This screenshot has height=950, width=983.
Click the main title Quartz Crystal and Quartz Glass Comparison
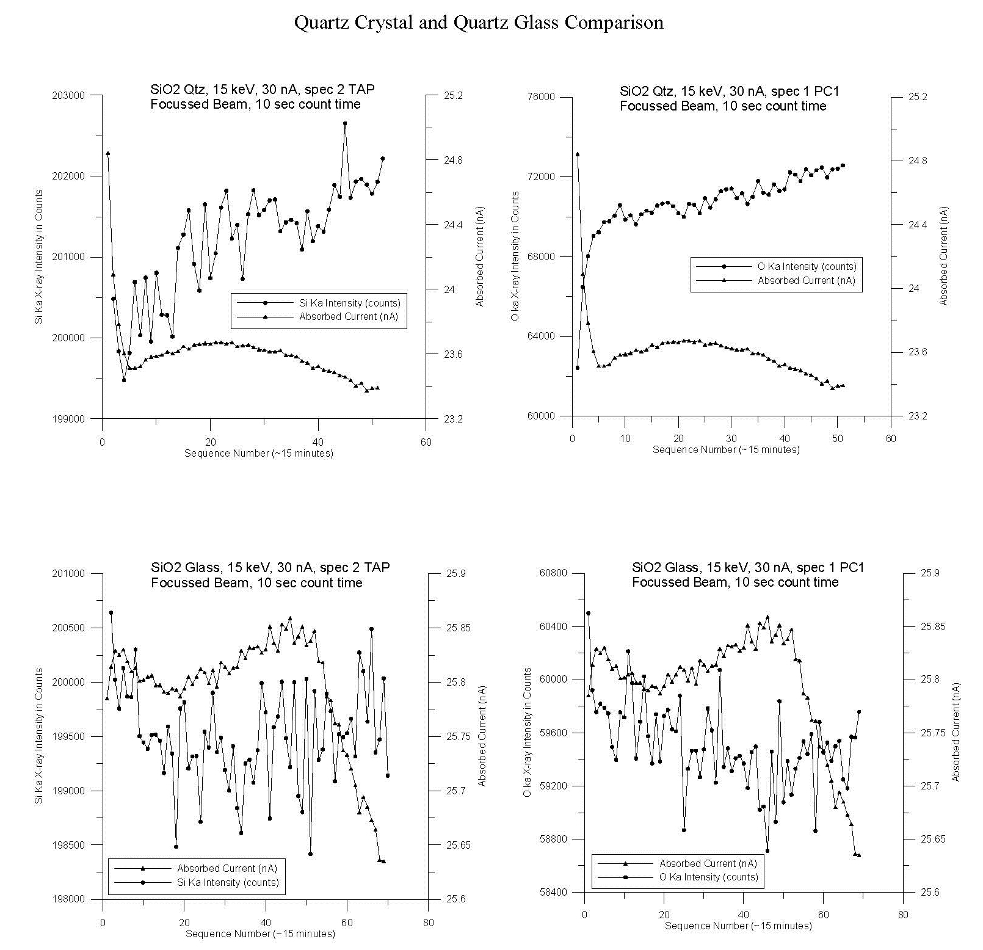coord(479,23)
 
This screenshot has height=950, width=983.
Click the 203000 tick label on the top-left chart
coord(70,96)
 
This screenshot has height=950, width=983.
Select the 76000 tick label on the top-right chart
coord(541,97)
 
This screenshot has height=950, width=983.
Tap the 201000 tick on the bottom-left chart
coord(70,574)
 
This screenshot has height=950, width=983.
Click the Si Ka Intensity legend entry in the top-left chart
coord(349,303)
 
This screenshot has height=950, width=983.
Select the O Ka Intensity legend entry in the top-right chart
coord(807,266)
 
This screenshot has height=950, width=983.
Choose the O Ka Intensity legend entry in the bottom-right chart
coord(708,877)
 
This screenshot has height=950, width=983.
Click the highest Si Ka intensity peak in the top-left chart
coord(345,123)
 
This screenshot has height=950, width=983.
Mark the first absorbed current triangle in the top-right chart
coord(578,154)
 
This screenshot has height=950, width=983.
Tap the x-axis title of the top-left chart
coord(259,453)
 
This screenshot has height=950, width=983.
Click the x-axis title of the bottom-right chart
coord(738,926)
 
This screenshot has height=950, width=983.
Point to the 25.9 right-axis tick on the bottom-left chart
coord(456,574)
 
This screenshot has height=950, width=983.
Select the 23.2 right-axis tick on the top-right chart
coord(918,416)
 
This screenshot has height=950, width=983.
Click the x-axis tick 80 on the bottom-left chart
coord(428,923)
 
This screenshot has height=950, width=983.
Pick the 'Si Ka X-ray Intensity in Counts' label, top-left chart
coord(39,257)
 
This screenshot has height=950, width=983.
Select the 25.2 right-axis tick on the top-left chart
coord(452,96)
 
